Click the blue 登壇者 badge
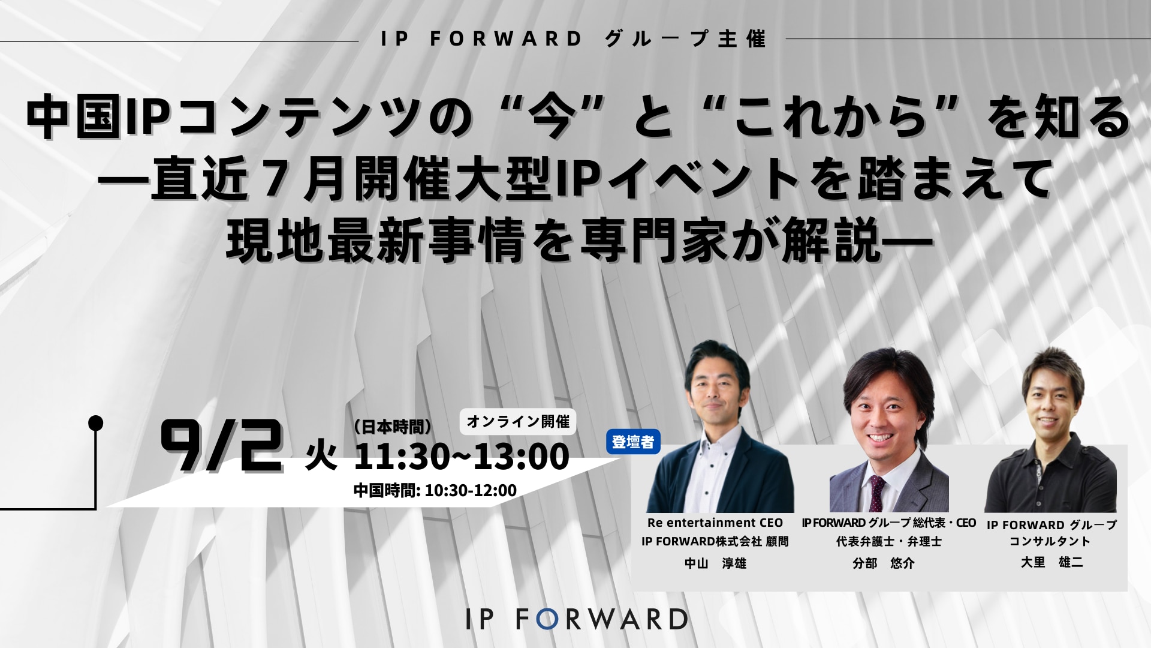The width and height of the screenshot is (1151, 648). (634, 442)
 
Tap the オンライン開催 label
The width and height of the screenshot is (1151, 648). (518, 421)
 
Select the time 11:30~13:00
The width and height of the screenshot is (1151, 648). (462, 457)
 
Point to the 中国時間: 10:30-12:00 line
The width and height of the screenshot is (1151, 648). (435, 491)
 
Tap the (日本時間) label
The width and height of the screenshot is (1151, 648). (393, 427)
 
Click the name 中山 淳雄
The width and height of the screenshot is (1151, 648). (715, 563)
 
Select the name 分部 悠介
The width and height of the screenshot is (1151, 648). (884, 563)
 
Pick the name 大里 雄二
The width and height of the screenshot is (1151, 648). (1051, 563)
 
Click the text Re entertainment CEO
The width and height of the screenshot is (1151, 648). (715, 523)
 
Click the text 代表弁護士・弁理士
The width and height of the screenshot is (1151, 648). (889, 541)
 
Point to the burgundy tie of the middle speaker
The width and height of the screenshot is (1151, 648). (877, 491)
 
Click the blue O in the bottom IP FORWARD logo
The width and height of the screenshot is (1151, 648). (546, 619)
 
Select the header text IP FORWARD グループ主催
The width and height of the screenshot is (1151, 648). (574, 39)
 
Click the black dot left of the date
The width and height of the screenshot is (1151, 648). (95, 423)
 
